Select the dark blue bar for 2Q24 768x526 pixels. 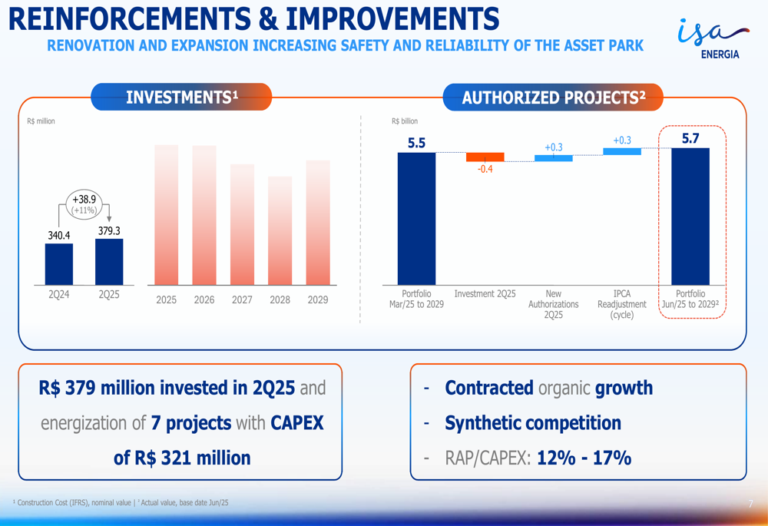point(59,264)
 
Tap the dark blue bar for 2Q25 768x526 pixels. point(109,262)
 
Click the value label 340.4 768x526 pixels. point(59,235)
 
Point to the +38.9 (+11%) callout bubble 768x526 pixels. point(84,204)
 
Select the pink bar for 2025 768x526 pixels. point(166,215)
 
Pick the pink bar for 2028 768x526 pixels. point(280,230)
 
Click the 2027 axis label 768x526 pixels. point(242,299)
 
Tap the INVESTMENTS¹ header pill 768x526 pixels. point(182,98)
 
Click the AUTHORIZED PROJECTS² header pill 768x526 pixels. point(553,98)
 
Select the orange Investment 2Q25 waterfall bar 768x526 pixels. point(485,157)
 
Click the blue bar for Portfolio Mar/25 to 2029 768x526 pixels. point(416,218)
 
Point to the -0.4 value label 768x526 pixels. point(485,169)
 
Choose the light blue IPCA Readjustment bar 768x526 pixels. point(621,152)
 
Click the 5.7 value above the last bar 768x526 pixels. point(690,139)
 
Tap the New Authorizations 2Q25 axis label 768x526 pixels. point(553,304)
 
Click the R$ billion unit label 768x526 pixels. point(405,121)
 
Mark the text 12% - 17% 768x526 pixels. point(584,458)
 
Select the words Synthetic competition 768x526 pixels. point(533,423)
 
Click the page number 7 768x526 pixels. point(750,504)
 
